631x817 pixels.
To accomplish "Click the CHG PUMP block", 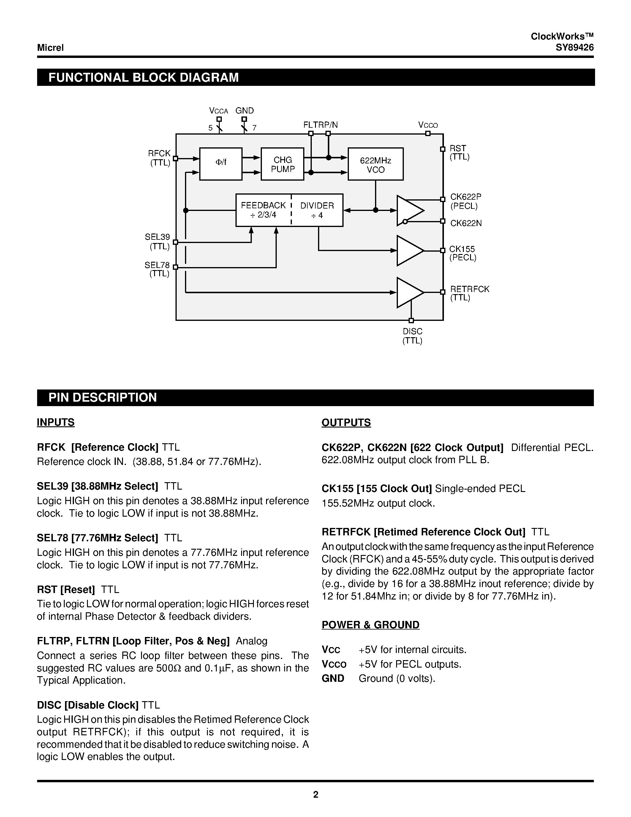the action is coord(282,164).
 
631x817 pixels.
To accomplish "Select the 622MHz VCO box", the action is coord(375,164).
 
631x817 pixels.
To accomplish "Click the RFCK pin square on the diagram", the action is coord(175,158).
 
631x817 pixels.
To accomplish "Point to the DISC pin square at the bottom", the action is coord(411,320).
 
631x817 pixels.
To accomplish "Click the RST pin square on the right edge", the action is coord(443,149).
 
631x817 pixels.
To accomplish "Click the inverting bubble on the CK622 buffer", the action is coord(404,222).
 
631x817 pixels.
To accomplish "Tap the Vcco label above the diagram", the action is coord(428,125).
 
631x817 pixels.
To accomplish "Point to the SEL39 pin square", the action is coord(175,242).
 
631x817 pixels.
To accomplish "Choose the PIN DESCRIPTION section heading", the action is coord(103,397).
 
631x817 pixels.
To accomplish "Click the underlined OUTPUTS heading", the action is coord(346,422).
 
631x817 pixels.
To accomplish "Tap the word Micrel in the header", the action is coord(50,48).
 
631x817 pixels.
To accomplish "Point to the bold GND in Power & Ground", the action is coord(333,678).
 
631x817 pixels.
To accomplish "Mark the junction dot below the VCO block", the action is coord(376,210).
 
